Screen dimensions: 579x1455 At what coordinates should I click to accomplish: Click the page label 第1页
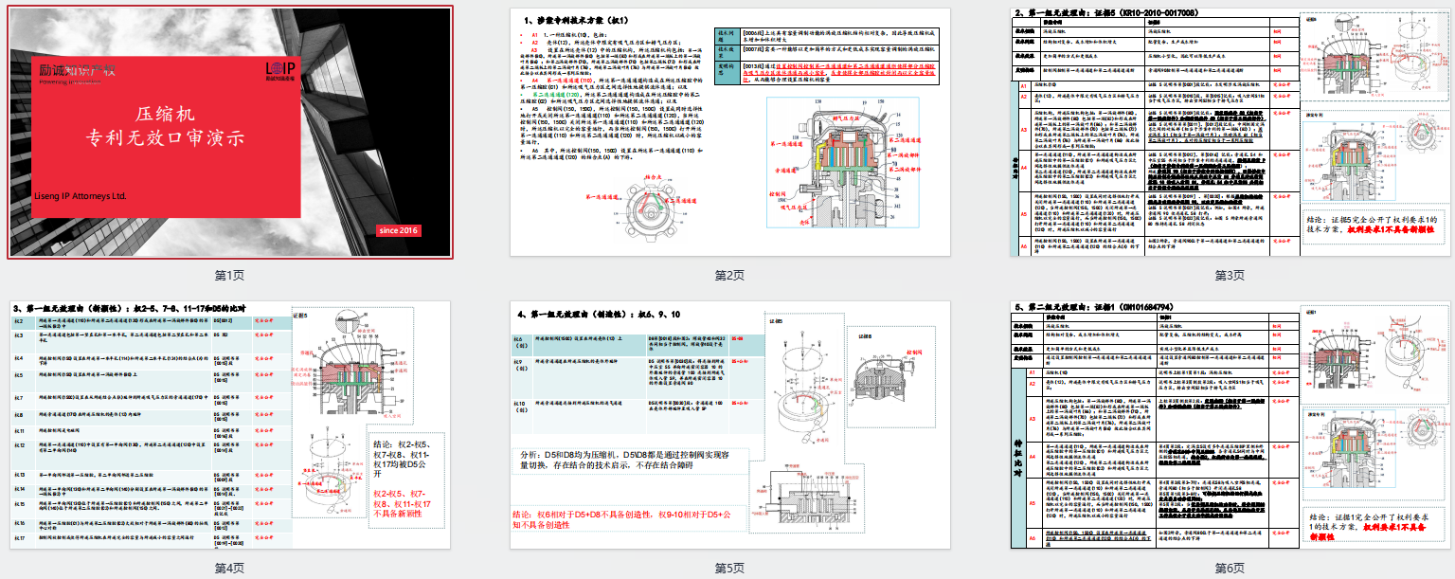click(x=230, y=275)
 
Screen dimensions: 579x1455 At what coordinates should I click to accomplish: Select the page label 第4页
click(x=230, y=568)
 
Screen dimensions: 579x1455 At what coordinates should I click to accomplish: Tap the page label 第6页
click(x=1230, y=568)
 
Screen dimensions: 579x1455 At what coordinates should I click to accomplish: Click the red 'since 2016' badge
click(x=398, y=230)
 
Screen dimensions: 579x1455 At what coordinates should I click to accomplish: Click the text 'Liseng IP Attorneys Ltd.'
click(x=81, y=196)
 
